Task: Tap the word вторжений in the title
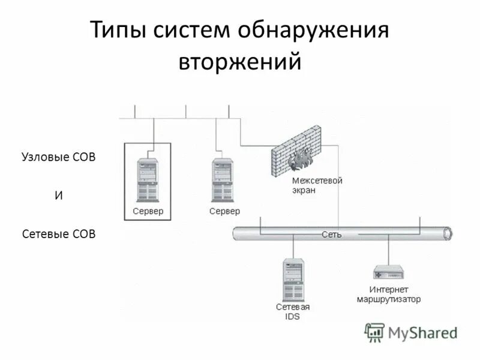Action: [239, 62]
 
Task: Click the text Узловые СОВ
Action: [59, 157]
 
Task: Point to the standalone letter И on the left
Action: [59, 196]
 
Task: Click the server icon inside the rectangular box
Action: [148, 179]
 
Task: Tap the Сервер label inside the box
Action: [148, 211]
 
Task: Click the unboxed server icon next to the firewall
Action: [223, 179]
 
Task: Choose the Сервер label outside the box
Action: [224, 211]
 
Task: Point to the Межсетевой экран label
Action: [316, 185]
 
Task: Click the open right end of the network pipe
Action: [447, 233]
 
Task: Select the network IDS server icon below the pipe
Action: [293, 280]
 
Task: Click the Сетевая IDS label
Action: [293, 311]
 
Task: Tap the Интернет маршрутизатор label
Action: [389, 294]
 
